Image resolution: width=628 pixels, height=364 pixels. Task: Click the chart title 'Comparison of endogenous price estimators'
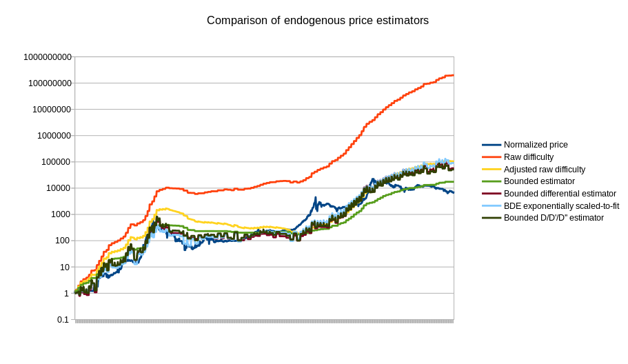point(318,21)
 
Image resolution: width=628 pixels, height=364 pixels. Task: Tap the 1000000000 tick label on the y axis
point(48,57)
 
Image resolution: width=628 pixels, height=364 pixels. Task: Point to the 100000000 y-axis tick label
point(50,83)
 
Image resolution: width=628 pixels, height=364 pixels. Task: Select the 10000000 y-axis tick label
point(52,110)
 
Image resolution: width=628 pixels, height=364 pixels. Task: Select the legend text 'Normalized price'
point(536,145)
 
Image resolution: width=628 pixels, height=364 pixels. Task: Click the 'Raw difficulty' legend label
point(529,157)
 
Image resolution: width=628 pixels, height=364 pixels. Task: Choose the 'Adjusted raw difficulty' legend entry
point(545,170)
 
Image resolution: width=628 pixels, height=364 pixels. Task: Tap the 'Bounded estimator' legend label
point(538,181)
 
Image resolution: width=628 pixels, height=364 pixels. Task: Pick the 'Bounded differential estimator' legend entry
point(560,194)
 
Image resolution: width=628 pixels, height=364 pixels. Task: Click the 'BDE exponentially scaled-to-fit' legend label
point(561,205)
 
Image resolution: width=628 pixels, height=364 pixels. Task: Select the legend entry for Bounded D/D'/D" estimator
point(554,218)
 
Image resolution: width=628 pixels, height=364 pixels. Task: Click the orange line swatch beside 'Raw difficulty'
point(492,157)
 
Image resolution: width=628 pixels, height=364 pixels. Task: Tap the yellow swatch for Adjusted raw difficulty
point(492,170)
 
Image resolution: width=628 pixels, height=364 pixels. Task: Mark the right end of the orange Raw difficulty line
point(453,75)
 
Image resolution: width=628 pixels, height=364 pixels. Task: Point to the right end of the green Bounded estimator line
point(453,181)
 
